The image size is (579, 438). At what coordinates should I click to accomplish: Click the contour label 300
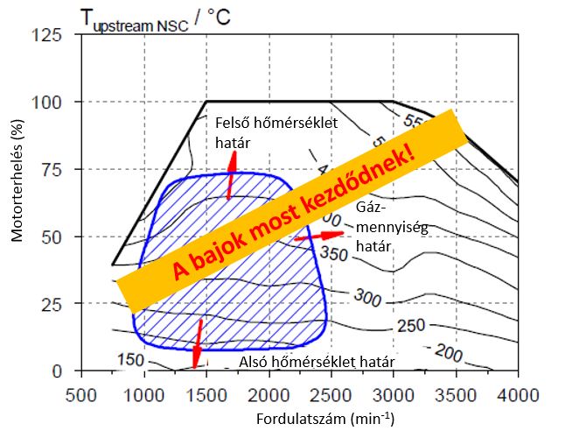(368, 300)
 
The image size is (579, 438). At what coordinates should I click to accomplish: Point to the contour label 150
(129, 360)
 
